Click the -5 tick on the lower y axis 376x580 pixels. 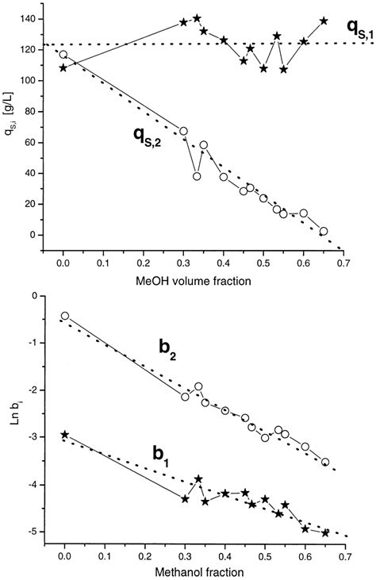[x=33, y=532]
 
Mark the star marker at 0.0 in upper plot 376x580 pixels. [x=63, y=68]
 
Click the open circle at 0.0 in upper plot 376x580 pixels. [x=63, y=55]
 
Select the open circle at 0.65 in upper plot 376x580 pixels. [x=324, y=231]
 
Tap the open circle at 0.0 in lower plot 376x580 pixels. [x=64, y=316]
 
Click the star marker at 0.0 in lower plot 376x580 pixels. [x=64, y=435]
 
